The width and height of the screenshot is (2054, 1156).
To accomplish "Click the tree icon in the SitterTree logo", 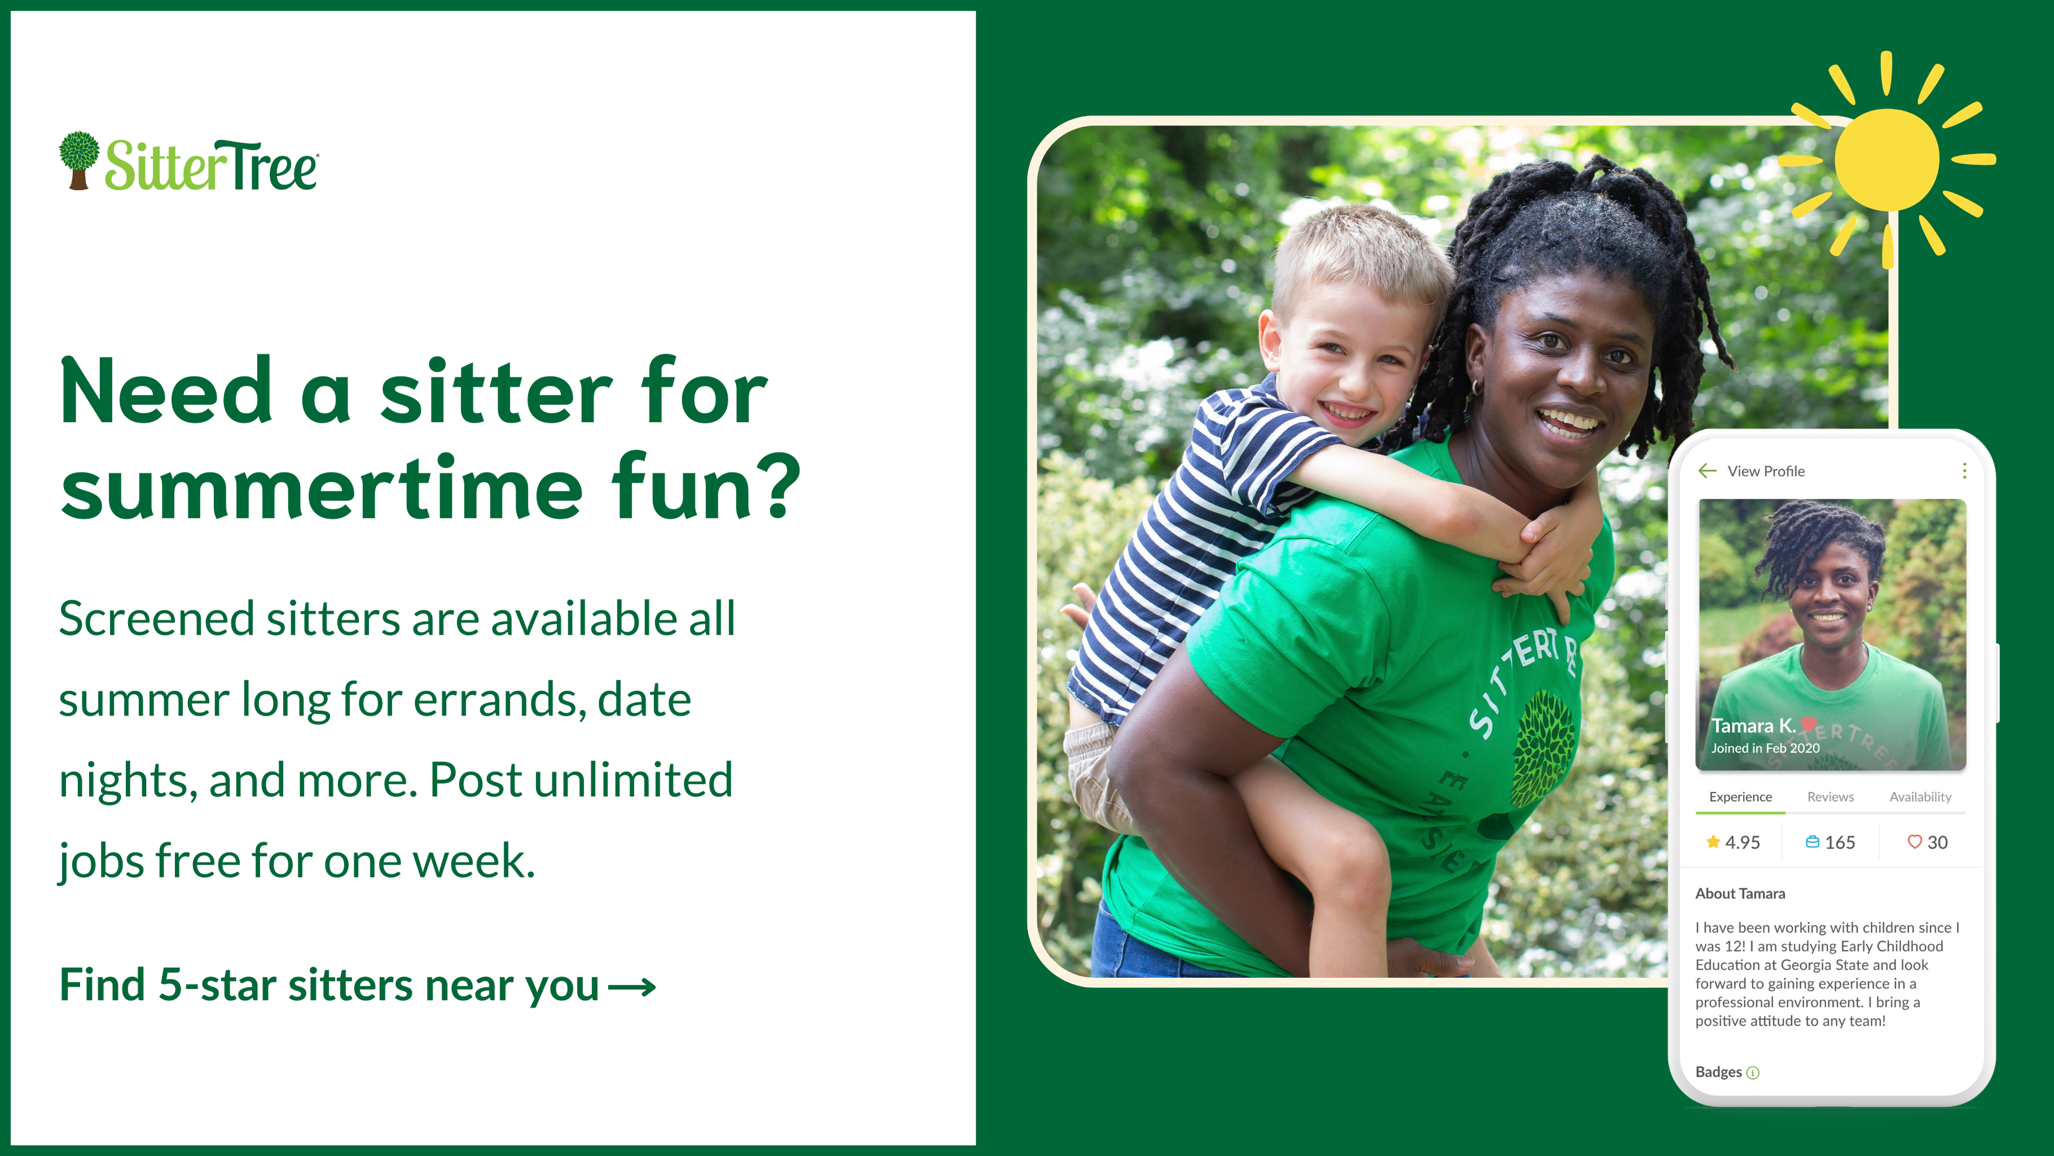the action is pyautogui.click(x=79, y=160).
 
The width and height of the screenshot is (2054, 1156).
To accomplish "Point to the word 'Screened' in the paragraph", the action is pyautogui.click(x=156, y=618).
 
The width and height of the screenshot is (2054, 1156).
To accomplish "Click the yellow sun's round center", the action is pyautogui.click(x=1886, y=160).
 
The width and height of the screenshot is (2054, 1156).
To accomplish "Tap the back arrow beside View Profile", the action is pyautogui.click(x=1707, y=470).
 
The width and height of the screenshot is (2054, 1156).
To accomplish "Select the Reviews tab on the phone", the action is pyautogui.click(x=1830, y=797).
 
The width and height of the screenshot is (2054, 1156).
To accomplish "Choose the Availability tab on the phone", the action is pyautogui.click(x=1920, y=797).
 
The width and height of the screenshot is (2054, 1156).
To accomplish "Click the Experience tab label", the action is pyautogui.click(x=1741, y=797).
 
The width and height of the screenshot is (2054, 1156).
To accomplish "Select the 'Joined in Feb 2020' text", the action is pyautogui.click(x=1765, y=748).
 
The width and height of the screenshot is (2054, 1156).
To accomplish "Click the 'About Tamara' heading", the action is pyautogui.click(x=1740, y=893).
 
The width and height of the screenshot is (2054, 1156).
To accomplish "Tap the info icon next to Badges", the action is pyautogui.click(x=1753, y=1073).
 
